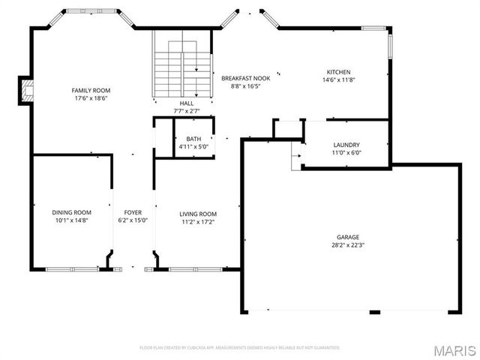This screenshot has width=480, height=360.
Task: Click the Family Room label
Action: tap(91, 90)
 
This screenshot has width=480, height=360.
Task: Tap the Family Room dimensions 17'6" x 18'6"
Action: tap(91, 98)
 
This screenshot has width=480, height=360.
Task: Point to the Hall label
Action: tap(187, 103)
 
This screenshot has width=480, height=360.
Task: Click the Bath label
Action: tap(193, 139)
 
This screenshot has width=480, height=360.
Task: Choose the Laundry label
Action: tap(346, 145)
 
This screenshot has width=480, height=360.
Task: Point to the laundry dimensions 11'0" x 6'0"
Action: tap(346, 153)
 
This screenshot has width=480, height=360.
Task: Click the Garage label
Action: tap(348, 236)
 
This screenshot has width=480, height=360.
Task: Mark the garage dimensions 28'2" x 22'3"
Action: tap(348, 244)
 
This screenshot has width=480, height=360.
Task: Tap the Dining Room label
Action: tap(71, 213)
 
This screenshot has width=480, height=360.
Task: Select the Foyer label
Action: tap(133, 213)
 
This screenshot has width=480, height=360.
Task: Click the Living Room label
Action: tap(198, 214)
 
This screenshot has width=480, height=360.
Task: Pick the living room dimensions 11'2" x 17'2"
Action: tap(198, 222)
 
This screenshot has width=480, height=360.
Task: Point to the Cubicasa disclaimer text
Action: tap(240, 348)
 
